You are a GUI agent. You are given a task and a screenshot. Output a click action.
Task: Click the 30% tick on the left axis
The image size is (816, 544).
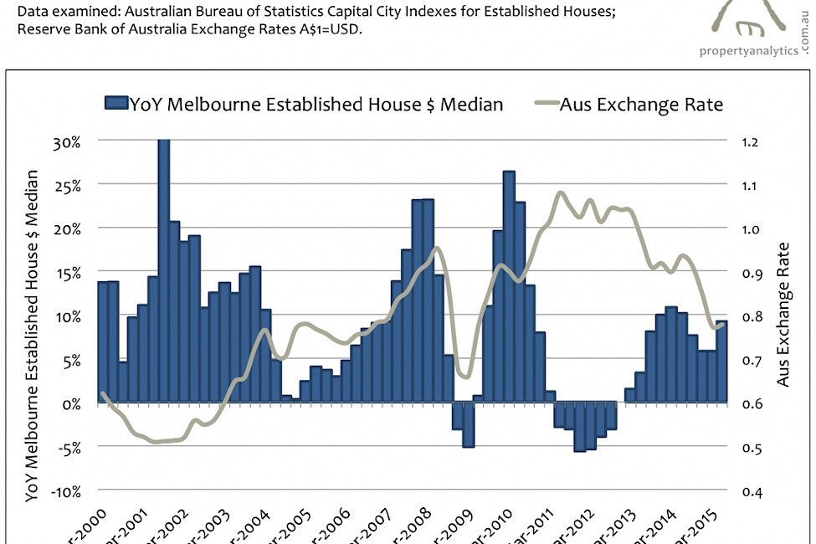pyautogui.click(x=68, y=141)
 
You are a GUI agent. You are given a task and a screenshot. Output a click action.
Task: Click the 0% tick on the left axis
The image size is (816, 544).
pyautogui.click(x=70, y=403)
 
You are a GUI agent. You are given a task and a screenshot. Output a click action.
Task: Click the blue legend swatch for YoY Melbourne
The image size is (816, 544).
pyautogui.click(x=115, y=104)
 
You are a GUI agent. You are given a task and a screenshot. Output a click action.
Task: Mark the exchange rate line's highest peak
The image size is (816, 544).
pyautogui.click(x=561, y=193)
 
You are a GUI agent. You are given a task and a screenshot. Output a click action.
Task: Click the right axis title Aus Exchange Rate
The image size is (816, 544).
pyautogui.click(x=783, y=315)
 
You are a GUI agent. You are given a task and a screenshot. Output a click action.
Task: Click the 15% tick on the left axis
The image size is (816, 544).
pyautogui.click(x=68, y=273)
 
